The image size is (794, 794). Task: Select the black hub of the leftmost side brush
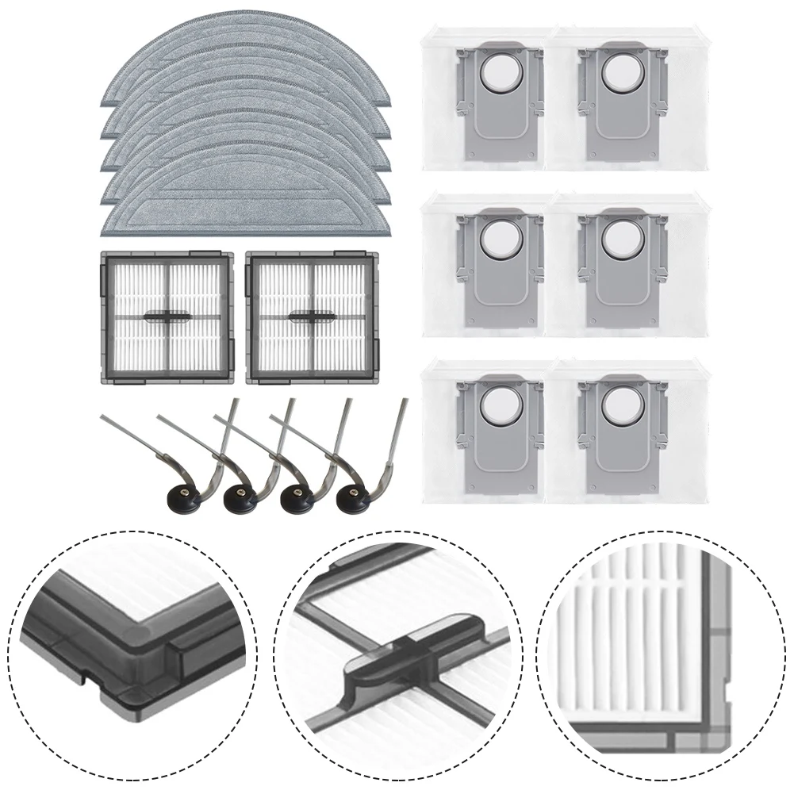point(181,500)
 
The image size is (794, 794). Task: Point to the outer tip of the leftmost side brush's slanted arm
point(101,418)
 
